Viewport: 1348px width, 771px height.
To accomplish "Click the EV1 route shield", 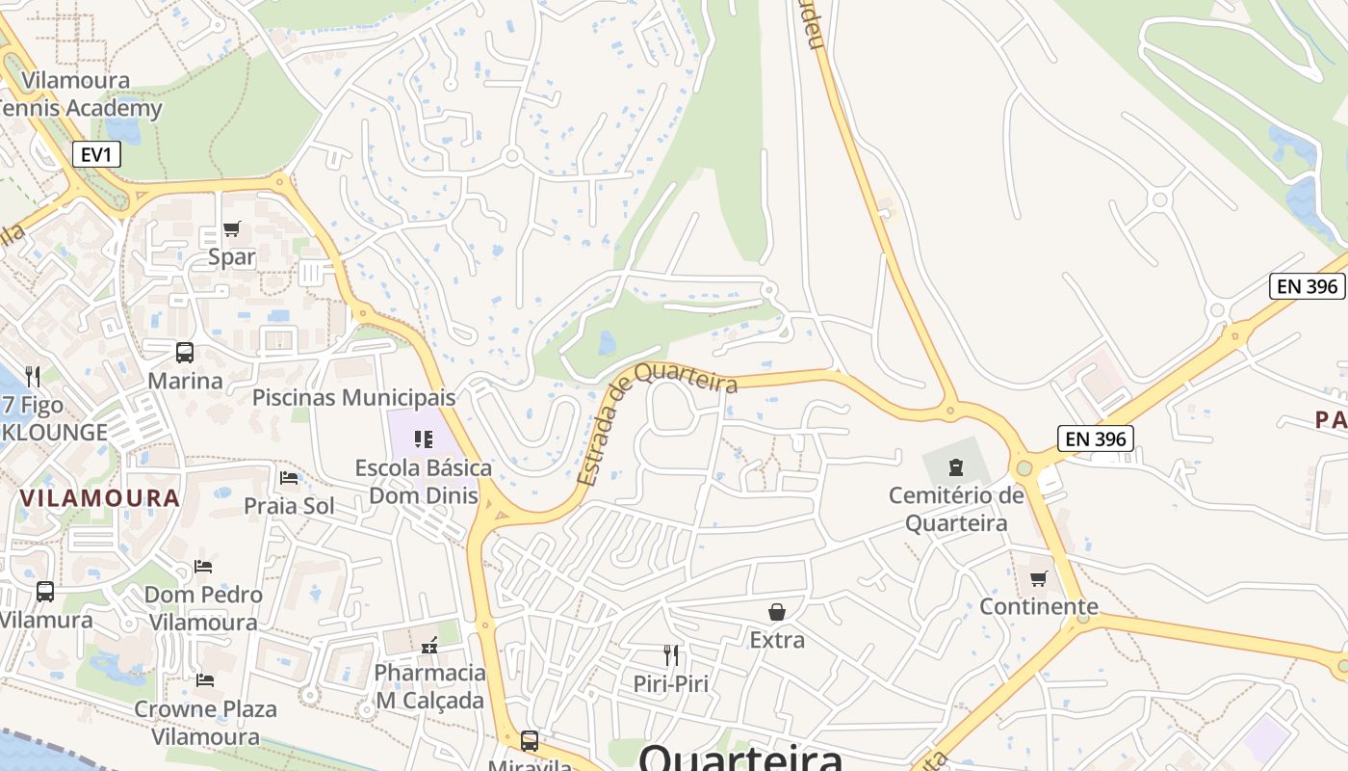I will tap(96, 153).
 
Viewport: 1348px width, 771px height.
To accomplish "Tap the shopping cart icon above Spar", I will tap(231, 229).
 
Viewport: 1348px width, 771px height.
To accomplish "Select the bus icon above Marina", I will tap(185, 353).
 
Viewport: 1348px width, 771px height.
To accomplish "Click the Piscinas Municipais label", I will tap(353, 397).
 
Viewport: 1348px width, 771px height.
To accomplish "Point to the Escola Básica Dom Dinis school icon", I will tap(423, 439).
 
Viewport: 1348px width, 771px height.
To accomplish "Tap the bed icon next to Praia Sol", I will tap(289, 477).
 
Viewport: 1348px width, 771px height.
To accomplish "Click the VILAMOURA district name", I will tap(99, 498).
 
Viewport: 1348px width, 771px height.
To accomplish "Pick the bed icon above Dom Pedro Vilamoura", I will tap(203, 566).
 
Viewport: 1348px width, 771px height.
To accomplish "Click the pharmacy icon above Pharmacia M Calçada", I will tap(429, 644).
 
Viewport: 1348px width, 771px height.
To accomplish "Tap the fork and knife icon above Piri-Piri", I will tap(671, 655).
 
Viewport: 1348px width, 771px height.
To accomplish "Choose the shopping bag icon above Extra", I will tap(777, 612).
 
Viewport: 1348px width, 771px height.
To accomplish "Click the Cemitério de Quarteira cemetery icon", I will tap(955, 467).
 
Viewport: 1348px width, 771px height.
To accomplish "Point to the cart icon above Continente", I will tap(1038, 578).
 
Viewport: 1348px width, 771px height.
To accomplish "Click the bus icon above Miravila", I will tap(530, 741).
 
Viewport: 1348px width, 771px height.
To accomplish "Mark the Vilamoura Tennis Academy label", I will tap(77, 93).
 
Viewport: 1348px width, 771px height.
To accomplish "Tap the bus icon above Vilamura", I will tap(45, 592).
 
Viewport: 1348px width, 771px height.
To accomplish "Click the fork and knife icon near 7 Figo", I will tap(33, 376).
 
